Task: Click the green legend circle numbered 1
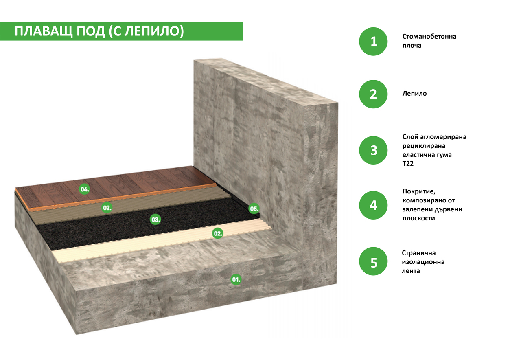click(373, 42)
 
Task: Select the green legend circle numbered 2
click(373, 94)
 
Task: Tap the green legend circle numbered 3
click(373, 150)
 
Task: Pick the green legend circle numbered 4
click(373, 205)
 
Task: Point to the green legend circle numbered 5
click(373, 261)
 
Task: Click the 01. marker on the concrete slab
click(236, 279)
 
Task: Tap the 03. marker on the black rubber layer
click(155, 220)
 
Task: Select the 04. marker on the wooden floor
click(84, 189)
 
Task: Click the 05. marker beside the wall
click(254, 209)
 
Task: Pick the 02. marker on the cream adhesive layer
click(218, 233)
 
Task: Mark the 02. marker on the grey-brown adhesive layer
click(107, 208)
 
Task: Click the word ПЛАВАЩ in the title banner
click(44, 31)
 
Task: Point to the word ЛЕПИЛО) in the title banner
click(154, 31)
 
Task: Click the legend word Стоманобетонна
click(429, 37)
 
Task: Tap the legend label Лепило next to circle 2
click(414, 94)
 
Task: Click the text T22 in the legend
click(408, 164)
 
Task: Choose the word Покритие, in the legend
click(419, 191)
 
